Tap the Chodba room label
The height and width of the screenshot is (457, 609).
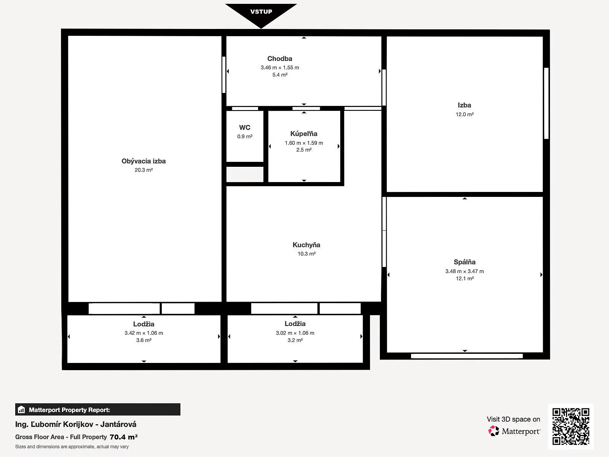click(x=280, y=59)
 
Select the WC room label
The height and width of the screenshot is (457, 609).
click(x=245, y=127)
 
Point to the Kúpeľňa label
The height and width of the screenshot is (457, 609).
click(x=304, y=134)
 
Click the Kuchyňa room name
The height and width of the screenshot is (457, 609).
click(x=306, y=245)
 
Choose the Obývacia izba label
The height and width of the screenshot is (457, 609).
click(x=143, y=161)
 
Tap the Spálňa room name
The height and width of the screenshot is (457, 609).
click(x=464, y=262)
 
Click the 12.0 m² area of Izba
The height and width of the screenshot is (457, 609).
click(x=464, y=114)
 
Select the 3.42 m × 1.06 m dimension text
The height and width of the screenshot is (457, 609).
click(x=144, y=333)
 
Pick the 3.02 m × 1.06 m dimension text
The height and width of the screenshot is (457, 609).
click(x=295, y=333)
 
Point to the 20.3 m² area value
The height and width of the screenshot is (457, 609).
click(x=144, y=170)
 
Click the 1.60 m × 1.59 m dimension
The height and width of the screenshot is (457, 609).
click(x=304, y=143)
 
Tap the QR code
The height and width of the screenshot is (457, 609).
click(x=571, y=427)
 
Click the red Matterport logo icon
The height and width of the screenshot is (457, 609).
click(x=494, y=431)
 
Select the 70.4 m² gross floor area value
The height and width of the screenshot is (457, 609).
click(x=123, y=437)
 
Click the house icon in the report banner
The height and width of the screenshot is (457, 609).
click(x=21, y=409)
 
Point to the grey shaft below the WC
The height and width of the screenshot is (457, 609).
click(x=245, y=174)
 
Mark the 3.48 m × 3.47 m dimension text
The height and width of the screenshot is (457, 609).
click(x=464, y=272)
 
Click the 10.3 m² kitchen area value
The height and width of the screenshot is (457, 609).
click(x=306, y=254)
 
